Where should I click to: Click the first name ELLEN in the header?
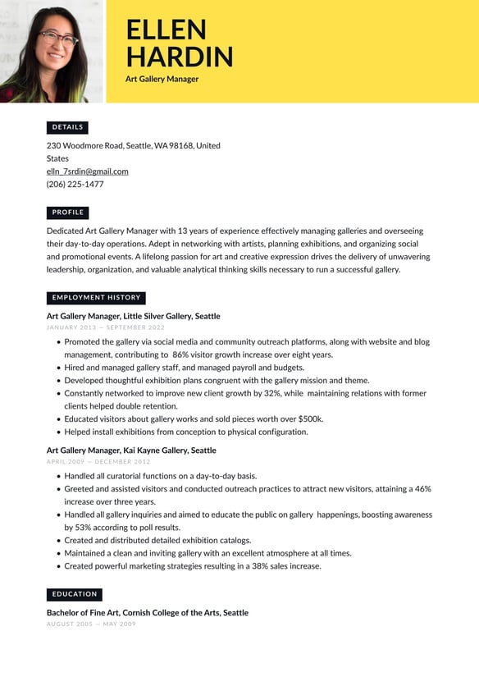pos(166,30)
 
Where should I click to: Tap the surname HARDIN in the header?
pos(180,57)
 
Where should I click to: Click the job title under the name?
pos(162,80)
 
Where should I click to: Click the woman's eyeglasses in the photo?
pos(56,38)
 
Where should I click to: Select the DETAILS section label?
pos(67,127)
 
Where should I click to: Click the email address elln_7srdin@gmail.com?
pos(88,172)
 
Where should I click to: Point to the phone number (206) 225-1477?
pos(75,185)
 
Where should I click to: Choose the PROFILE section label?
pos(67,213)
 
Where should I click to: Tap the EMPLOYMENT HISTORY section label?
pos(96,298)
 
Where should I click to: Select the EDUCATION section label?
pos(75,594)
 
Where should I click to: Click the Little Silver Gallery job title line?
pos(133,316)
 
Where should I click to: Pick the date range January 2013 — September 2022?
pos(106,327)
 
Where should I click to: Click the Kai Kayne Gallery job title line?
pos(131,451)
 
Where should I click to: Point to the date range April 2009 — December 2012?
pos(98,462)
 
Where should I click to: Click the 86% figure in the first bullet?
pos(180,355)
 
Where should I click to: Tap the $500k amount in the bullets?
pos(310,419)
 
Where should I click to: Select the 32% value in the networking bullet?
pos(273,394)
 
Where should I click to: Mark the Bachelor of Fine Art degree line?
pos(147,613)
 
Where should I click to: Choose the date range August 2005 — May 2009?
pos(91,624)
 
